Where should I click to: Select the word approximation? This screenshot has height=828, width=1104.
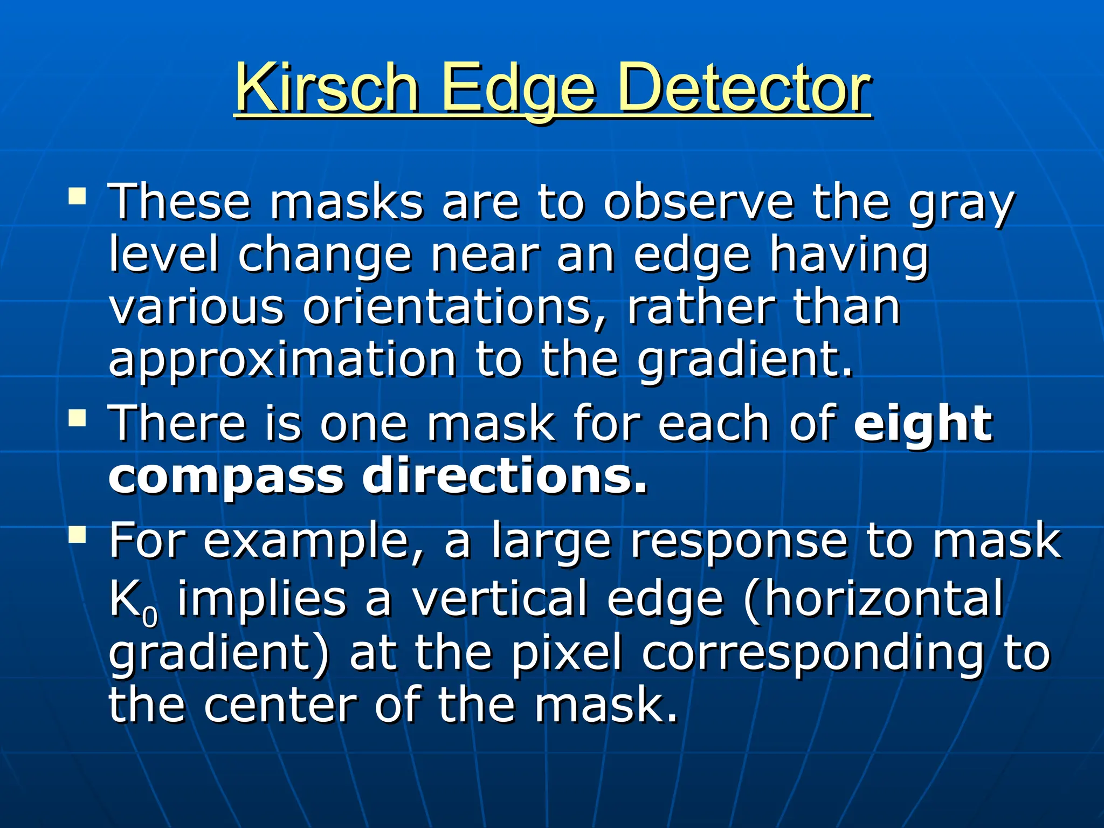tap(282, 360)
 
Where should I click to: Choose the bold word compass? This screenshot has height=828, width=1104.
tap(226, 478)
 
